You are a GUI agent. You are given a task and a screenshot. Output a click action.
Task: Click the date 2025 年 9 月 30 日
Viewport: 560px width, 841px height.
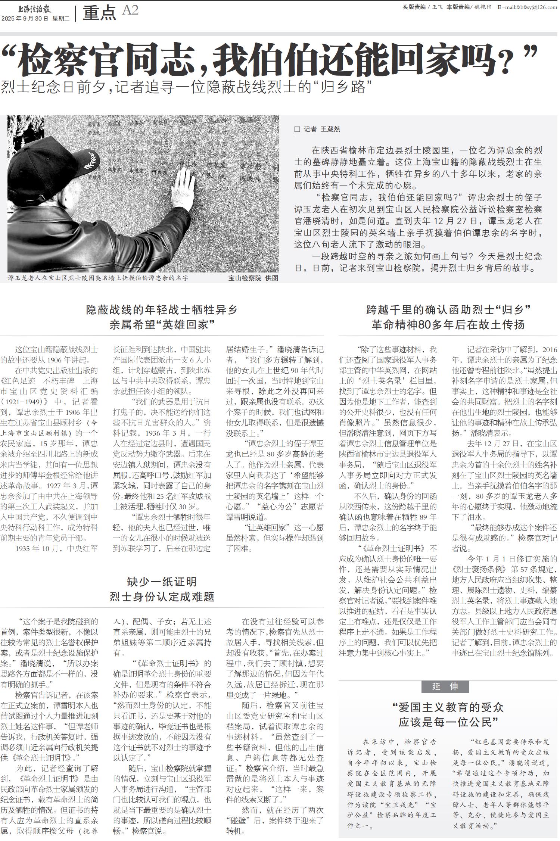coord(25,19)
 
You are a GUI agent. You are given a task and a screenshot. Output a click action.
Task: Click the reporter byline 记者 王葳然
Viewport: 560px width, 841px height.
coord(321,129)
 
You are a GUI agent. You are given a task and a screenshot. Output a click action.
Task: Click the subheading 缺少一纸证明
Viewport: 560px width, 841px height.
coord(162,582)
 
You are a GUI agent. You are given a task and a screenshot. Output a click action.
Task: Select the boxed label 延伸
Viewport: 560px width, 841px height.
coord(445,686)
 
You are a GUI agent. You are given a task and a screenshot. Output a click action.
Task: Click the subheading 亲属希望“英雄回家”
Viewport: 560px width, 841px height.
coord(162,324)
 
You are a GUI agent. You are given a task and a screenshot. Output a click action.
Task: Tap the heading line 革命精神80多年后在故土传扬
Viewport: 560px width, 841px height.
coord(448,324)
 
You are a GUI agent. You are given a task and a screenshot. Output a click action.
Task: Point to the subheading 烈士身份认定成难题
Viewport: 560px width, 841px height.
coord(162,597)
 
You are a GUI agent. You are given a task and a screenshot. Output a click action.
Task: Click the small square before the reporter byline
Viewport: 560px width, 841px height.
coord(297,129)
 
